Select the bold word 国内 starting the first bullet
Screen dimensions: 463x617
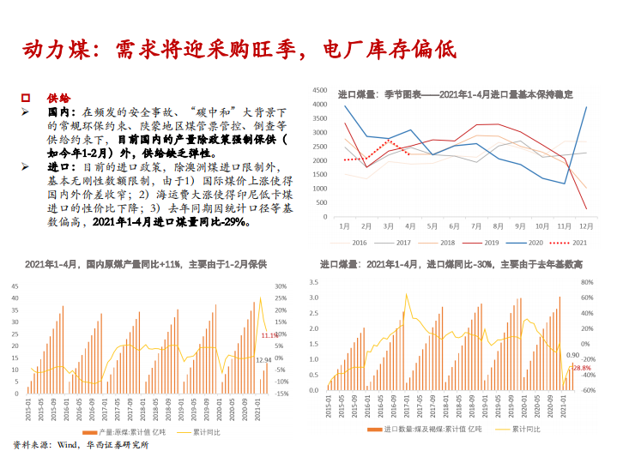58,111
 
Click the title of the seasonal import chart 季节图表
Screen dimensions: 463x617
455,94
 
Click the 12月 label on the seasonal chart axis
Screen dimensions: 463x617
586,225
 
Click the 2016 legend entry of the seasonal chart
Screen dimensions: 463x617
353,243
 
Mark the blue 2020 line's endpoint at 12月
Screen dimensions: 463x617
587,107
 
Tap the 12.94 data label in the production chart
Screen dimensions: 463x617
263,360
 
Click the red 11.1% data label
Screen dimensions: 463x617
270,335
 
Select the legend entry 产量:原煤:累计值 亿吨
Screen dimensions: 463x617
129,432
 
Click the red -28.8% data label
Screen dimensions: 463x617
581,368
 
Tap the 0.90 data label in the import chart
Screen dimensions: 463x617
572,354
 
